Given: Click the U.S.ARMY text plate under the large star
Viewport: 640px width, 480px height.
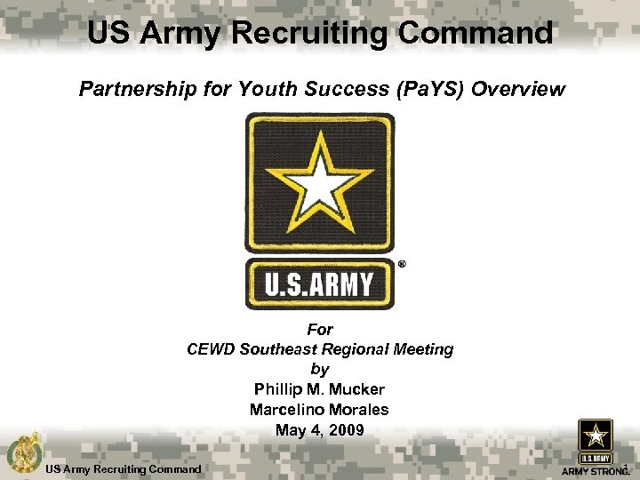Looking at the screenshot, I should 319,285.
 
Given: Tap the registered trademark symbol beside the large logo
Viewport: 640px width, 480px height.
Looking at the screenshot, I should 401,264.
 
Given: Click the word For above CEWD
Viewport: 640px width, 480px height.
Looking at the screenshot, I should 319,330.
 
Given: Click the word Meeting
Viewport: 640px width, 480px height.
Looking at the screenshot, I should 421,349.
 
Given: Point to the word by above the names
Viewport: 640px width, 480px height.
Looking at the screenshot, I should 319,369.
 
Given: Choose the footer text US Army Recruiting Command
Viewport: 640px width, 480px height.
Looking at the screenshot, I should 124,468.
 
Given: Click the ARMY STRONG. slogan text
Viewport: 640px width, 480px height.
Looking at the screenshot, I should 595,471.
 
